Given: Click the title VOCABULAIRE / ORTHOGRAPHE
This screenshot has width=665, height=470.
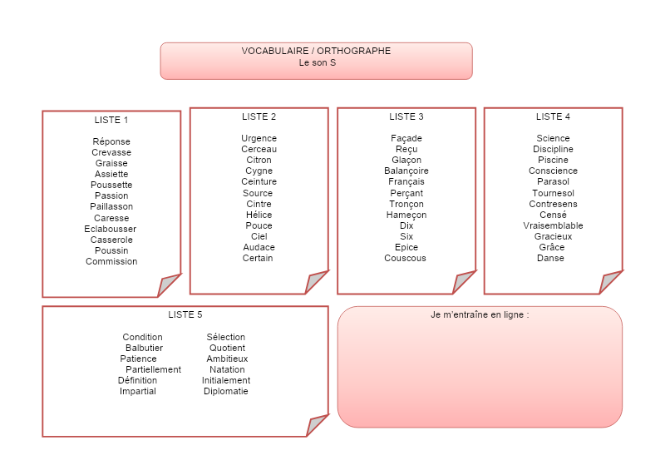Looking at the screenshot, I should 316,51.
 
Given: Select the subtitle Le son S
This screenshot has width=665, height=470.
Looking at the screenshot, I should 317,62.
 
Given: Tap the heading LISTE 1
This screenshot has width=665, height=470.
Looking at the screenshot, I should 111,120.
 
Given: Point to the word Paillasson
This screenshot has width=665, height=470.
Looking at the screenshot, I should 111,206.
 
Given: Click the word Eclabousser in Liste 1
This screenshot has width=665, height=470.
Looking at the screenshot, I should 111,229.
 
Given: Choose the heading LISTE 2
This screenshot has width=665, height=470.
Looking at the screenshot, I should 259,116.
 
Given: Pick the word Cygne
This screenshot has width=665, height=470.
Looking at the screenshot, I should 259,171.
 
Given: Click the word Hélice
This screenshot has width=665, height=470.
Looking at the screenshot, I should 259,215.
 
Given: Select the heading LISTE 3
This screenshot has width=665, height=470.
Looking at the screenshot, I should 406,116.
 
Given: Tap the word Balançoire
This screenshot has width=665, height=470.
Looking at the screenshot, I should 406,171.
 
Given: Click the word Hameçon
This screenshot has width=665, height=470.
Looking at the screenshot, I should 406,215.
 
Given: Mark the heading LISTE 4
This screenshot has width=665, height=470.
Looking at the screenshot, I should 553,116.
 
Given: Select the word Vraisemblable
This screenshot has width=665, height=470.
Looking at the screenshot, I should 553,225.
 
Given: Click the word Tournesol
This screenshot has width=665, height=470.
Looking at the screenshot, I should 553,193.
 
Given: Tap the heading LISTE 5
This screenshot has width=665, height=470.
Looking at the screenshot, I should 185,314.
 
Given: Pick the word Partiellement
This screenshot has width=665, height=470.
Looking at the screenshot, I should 153,369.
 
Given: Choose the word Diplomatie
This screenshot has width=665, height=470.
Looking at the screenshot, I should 226,391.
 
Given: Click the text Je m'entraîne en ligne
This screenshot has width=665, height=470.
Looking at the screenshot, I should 480,315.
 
